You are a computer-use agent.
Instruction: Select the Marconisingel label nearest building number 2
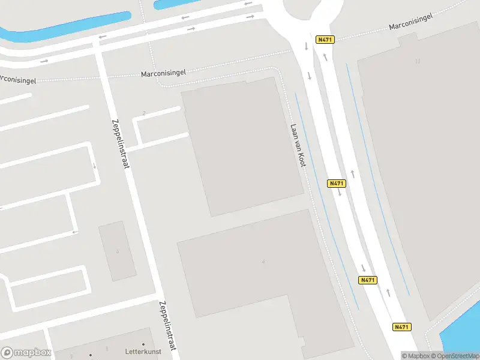point(163,73)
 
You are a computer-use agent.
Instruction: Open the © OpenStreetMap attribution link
point(455,356)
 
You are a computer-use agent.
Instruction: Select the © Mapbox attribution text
point(415,356)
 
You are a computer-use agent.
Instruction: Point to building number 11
point(418,61)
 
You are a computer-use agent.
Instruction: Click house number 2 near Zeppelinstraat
point(145,113)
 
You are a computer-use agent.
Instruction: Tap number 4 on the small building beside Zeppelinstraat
point(118,251)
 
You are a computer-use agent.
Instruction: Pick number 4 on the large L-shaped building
point(263,262)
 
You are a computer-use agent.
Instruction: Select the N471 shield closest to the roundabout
point(325,40)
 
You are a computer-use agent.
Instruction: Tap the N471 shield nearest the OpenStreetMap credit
point(402,327)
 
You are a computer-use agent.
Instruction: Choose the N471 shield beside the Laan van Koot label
point(337,183)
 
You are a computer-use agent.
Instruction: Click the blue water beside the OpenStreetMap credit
point(462,333)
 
